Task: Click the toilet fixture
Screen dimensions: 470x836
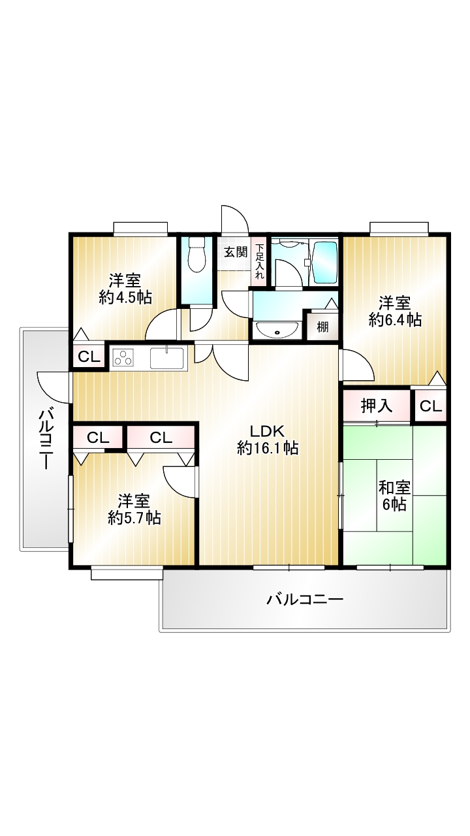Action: pyautogui.click(x=197, y=255)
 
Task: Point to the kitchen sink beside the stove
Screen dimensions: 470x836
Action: pyautogui.click(x=166, y=357)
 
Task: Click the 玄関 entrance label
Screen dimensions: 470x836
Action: pyautogui.click(x=236, y=252)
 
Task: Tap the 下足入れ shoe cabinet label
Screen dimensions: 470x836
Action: pyautogui.click(x=260, y=262)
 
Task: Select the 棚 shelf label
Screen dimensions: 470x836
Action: pyautogui.click(x=322, y=327)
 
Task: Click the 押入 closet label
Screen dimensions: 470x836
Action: pyautogui.click(x=377, y=406)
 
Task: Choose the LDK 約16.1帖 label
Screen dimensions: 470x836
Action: pyautogui.click(x=268, y=440)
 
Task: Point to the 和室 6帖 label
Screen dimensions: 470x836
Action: pyautogui.click(x=394, y=496)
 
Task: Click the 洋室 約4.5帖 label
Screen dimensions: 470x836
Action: pyautogui.click(x=125, y=289)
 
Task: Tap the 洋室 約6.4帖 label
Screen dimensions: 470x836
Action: pyautogui.click(x=395, y=312)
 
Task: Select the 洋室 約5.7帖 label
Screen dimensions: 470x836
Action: pyautogui.click(x=134, y=509)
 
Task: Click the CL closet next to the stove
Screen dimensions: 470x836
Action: pyautogui.click(x=89, y=357)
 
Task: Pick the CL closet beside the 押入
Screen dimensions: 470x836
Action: pyautogui.click(x=430, y=406)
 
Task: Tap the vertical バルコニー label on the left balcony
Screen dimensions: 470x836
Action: pyautogui.click(x=46, y=439)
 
